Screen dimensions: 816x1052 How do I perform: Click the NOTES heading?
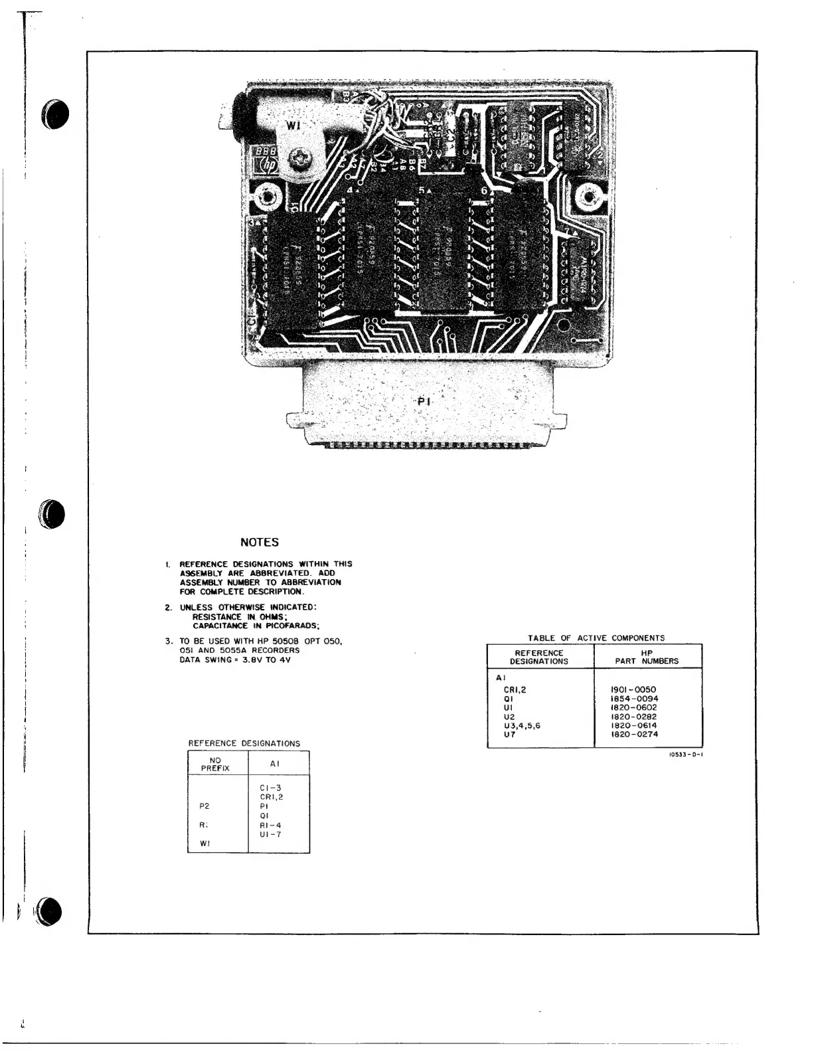pos(259,543)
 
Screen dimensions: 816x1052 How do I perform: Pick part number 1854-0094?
pos(633,699)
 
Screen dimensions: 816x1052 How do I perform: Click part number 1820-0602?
pos(633,707)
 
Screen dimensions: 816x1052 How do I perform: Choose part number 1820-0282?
pos(633,717)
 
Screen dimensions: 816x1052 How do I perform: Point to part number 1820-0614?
pos(633,725)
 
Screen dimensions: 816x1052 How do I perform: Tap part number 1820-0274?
pos(633,735)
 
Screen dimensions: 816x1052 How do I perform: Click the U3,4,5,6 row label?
pos(523,725)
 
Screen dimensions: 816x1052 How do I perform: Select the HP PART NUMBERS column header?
pos(647,657)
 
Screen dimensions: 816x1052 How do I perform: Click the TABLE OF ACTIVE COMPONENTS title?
pos(596,638)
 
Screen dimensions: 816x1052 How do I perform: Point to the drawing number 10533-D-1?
pos(683,754)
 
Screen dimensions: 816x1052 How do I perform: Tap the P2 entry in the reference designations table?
pos(204,806)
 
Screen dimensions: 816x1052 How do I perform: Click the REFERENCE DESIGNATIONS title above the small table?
pos(244,743)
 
